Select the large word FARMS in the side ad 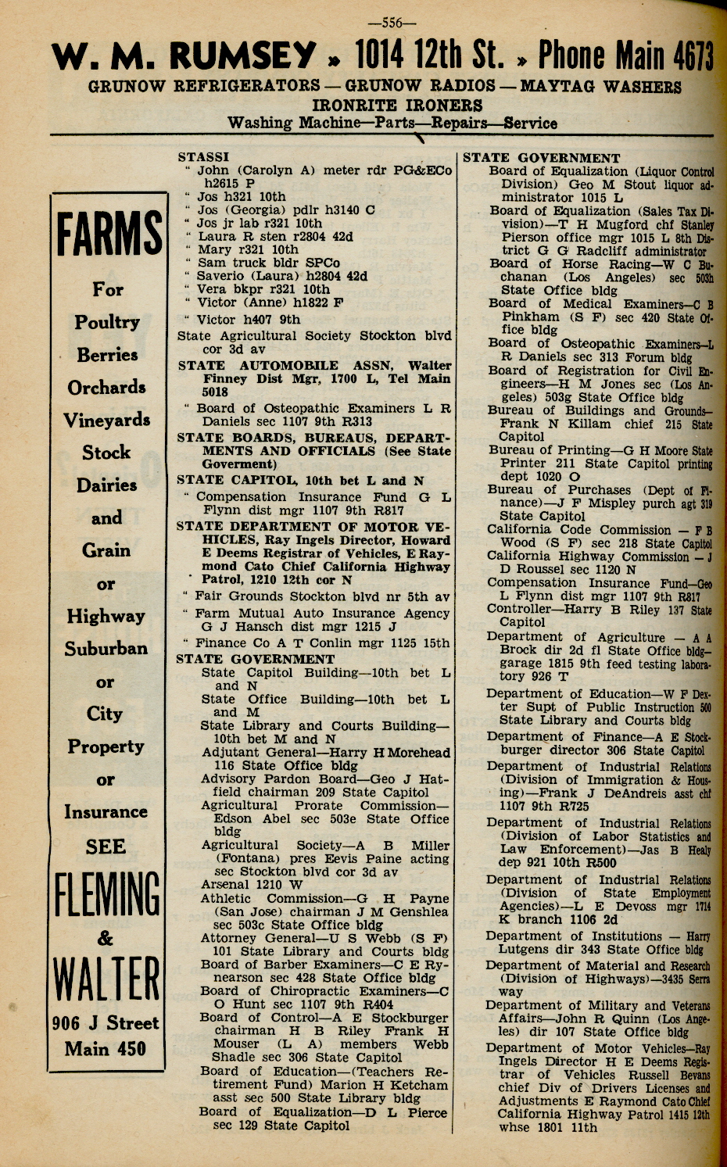[x=109, y=234]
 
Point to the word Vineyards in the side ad [x=107, y=420]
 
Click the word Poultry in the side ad [x=107, y=322]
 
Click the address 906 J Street [x=106, y=1023]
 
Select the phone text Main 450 [x=106, y=1049]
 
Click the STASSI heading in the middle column [x=203, y=157]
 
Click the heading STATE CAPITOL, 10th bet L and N [x=300, y=481]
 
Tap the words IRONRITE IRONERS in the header [x=397, y=105]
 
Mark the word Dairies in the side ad [x=107, y=485]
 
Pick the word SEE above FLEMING [x=106, y=847]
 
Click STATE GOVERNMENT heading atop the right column [x=541, y=158]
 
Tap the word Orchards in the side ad [x=106, y=388]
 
